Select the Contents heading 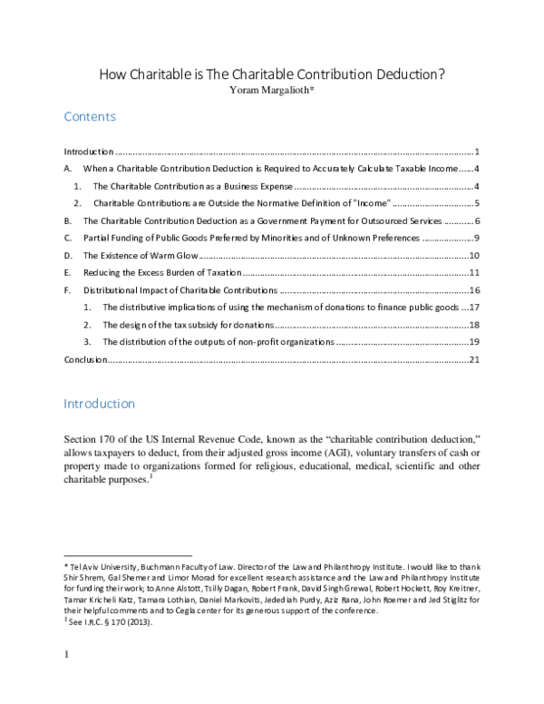89,118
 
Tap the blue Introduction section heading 99,404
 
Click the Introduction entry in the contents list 88,152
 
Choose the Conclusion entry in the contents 85,360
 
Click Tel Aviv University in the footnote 101,567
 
